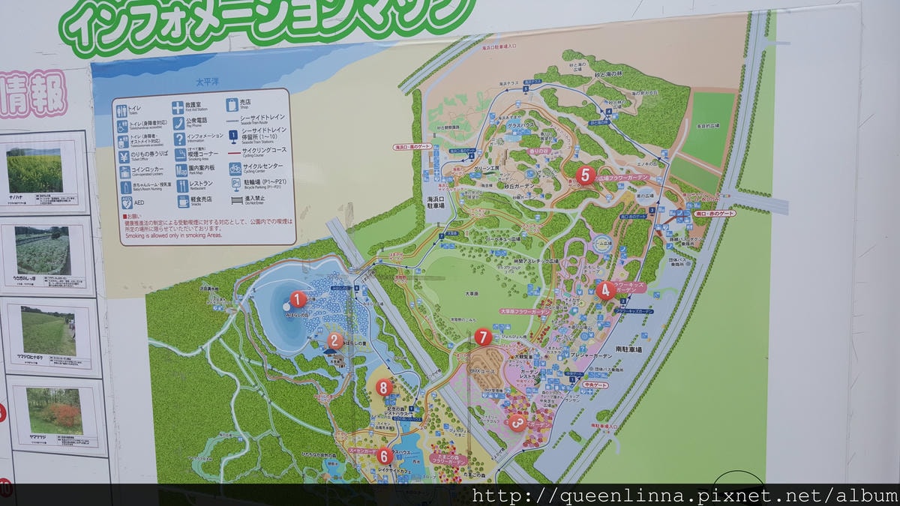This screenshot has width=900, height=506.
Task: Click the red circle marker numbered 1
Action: (x=298, y=300)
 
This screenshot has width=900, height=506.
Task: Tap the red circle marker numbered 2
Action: (x=335, y=342)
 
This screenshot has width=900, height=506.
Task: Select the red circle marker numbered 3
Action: (x=516, y=423)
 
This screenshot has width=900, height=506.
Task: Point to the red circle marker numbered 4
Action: (x=606, y=290)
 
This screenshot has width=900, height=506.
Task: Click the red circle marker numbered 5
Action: (x=586, y=175)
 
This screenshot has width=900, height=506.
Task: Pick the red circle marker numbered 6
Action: (x=384, y=455)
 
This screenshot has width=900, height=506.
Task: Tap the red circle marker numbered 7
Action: (x=483, y=337)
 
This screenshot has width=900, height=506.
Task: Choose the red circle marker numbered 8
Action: (x=384, y=388)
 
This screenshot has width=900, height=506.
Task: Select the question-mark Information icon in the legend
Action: (x=179, y=139)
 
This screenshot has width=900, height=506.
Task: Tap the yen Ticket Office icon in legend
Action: (x=124, y=156)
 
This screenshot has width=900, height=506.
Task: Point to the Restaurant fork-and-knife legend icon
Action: (x=181, y=186)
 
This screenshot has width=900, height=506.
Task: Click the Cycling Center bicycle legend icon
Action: (x=235, y=168)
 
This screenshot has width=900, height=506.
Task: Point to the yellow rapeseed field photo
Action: (x=34, y=170)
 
